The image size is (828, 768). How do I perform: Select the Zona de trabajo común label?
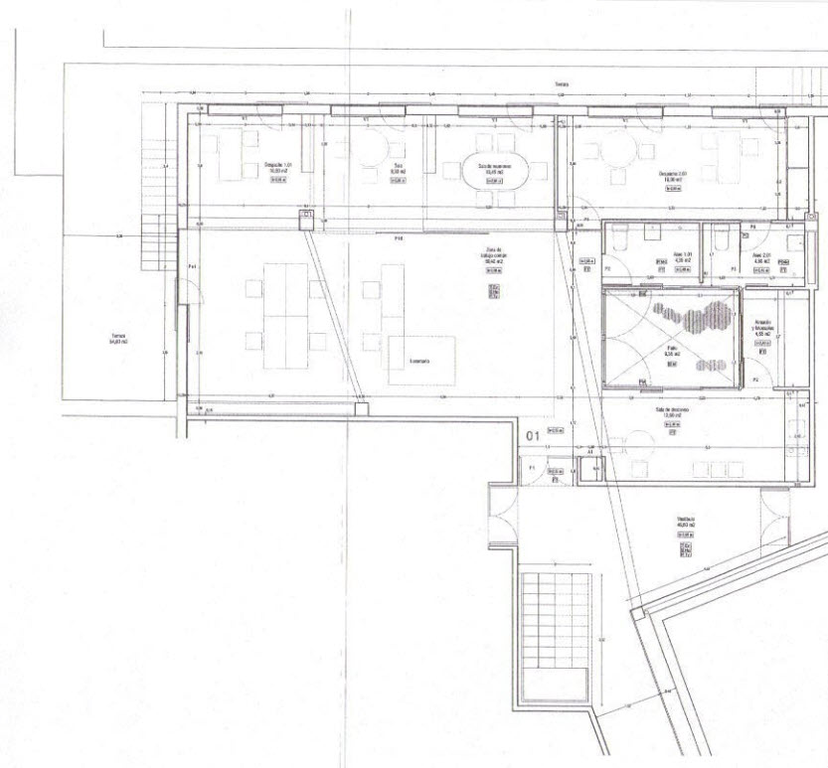pyautogui.click(x=494, y=256)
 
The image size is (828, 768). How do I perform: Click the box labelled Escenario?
pyautogui.click(x=421, y=361)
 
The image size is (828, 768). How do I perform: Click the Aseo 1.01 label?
pyautogui.click(x=681, y=257)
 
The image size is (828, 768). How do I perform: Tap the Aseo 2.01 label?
pyautogui.click(x=762, y=257)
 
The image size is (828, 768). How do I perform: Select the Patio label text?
pyautogui.click(x=671, y=351)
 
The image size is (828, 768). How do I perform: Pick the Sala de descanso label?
pyautogui.click(x=673, y=412)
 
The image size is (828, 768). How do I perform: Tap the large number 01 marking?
pyautogui.click(x=532, y=435)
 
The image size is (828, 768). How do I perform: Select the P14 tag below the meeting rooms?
pyautogui.click(x=400, y=238)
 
